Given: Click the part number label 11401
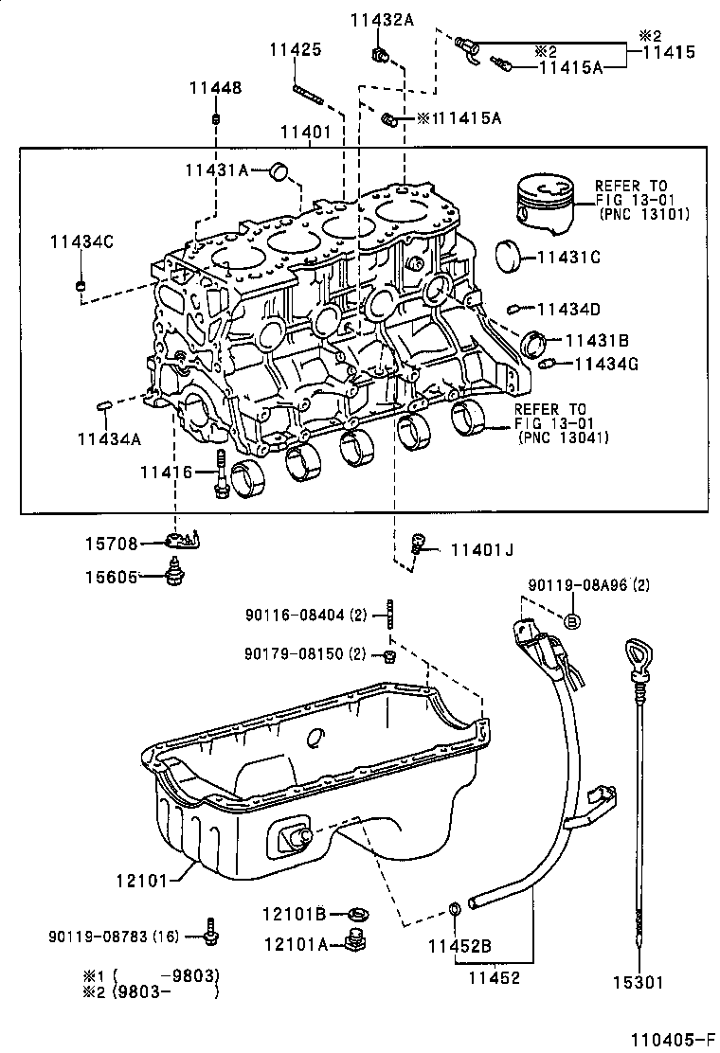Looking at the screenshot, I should tap(305, 134).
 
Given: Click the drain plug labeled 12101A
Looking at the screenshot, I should tap(356, 940).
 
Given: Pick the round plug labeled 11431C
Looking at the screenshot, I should tap(512, 256).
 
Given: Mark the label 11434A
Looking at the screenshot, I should tap(109, 438).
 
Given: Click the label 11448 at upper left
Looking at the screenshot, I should tap(214, 88).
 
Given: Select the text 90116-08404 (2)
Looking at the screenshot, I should tap(305, 616).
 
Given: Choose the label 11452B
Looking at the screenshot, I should tap(459, 945).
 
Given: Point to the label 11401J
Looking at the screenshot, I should tap(481, 548).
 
